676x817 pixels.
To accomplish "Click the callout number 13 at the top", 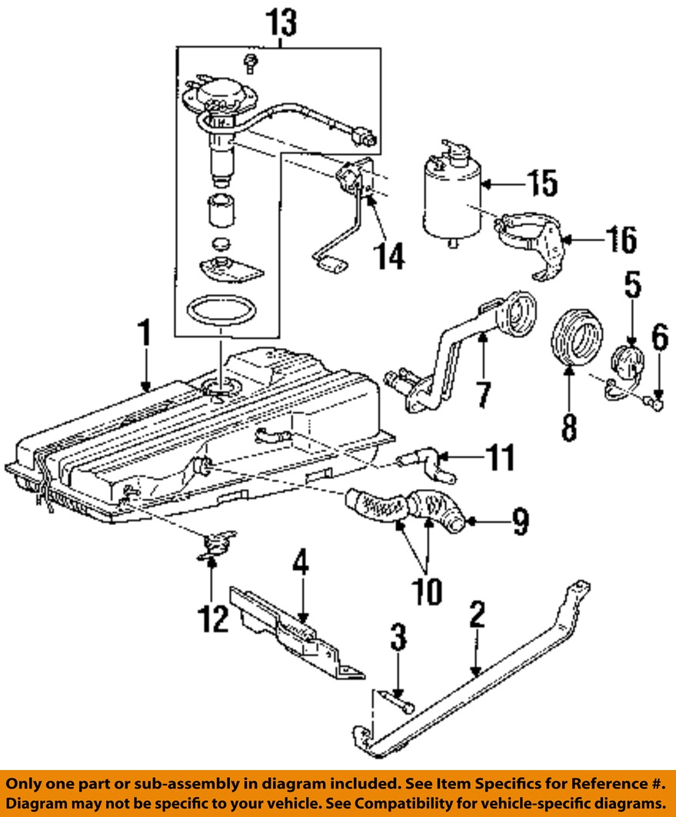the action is coord(281,22).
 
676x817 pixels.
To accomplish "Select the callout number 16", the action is coord(622,239).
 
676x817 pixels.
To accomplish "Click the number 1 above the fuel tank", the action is coord(145,333).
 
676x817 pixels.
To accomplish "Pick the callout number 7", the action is coord(484,394).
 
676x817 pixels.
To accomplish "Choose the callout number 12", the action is coord(213,619).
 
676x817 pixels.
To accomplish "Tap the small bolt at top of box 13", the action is coord(251,62).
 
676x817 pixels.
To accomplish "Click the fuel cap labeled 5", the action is coord(627,360).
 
